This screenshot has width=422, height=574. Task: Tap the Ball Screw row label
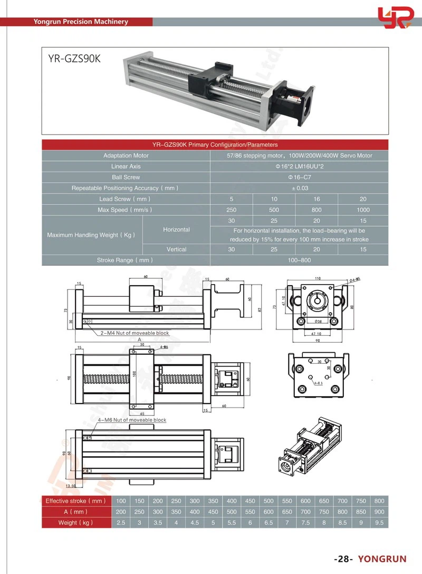coord(126,177)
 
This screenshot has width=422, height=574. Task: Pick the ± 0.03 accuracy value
coord(299,188)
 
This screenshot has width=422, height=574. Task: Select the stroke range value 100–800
coord(299,260)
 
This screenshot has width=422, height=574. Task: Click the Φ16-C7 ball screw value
coord(299,177)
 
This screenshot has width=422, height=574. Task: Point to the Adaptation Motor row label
coord(126,155)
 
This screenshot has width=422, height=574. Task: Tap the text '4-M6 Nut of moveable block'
coord(124,420)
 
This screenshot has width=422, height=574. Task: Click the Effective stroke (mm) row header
coord(75,501)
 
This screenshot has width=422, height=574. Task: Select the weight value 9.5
coord(379,522)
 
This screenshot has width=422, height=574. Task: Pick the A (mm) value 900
coord(379,512)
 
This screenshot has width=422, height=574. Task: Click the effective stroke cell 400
coord(231,501)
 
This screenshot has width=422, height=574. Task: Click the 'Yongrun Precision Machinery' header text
coord(81,22)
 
